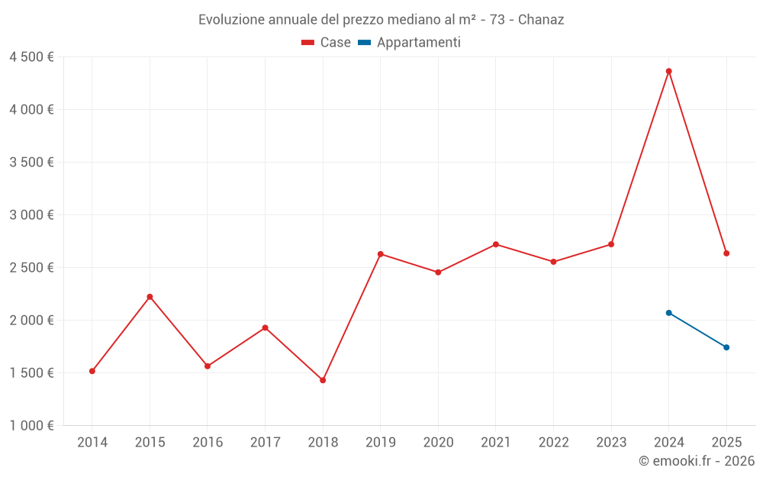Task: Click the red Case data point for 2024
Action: click(668, 71)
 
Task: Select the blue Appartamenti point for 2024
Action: click(668, 313)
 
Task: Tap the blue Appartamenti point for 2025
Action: click(726, 347)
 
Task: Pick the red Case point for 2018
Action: click(323, 380)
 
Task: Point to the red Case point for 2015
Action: click(150, 297)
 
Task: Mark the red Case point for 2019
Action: click(380, 254)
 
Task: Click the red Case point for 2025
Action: click(726, 253)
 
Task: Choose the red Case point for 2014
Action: click(92, 371)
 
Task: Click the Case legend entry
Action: click(327, 43)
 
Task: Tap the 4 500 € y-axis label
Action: click(31, 57)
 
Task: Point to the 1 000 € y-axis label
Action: click(31, 426)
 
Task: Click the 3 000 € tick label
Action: click(31, 215)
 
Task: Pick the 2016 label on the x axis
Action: click(208, 443)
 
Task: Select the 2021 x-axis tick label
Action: click(496, 443)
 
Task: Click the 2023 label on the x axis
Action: click(611, 443)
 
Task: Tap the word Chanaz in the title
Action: click(541, 20)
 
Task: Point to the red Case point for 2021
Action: click(496, 244)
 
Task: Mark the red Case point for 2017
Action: click(265, 328)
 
